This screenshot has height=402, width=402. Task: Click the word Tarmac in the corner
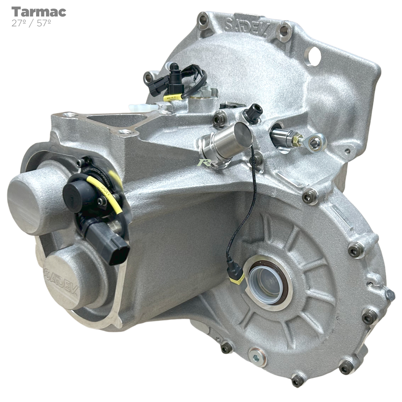tap(38, 12)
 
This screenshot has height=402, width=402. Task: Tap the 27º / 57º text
tap(31, 23)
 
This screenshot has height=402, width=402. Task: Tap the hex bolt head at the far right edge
tap(389, 294)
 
